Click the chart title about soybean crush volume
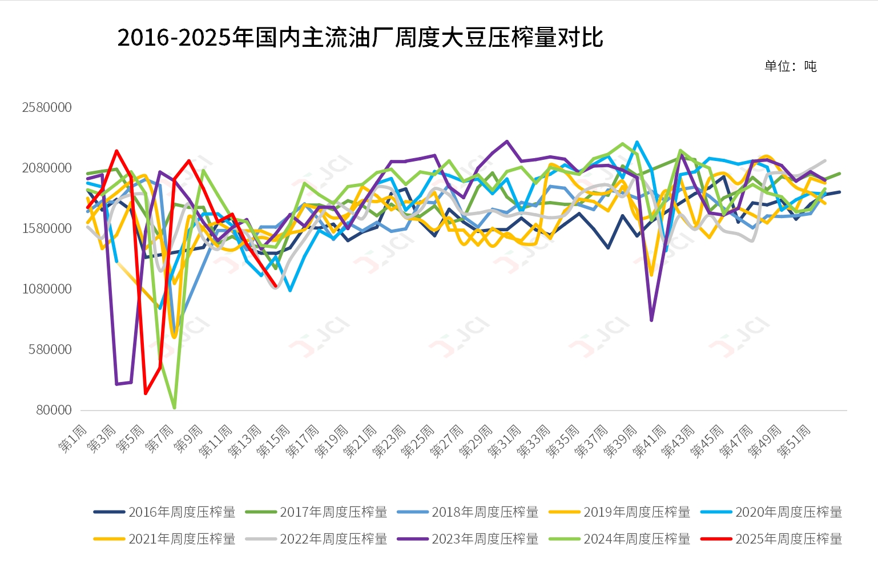pos(360,38)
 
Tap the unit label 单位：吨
pos(790,66)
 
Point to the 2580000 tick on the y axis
pos(47,107)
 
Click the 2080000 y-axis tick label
pos(47,168)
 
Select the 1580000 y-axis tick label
pos(47,228)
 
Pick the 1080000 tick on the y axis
pos(47,289)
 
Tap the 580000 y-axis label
pos(50,349)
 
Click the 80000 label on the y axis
pos(54,410)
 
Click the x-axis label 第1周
pos(73,439)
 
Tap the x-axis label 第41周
pos(649,441)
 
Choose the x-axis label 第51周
pos(794,441)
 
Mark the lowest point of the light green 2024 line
pos(174,408)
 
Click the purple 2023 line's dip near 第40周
pos(651,320)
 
